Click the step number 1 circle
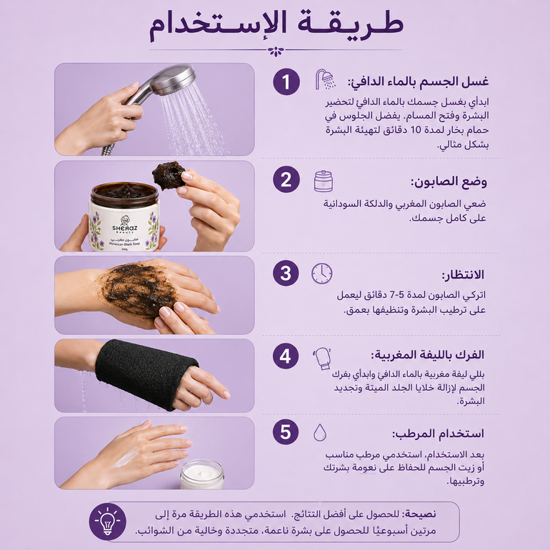pyautogui.click(x=286, y=81)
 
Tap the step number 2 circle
pyautogui.click(x=286, y=179)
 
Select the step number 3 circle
pyautogui.click(x=286, y=273)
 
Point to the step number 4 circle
pyautogui.click(x=286, y=356)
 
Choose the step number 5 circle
pyautogui.click(x=286, y=431)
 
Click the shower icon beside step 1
pyautogui.click(x=325, y=79)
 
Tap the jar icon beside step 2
pyautogui.click(x=324, y=181)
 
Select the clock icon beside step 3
pyautogui.click(x=321, y=274)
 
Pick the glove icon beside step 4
pyautogui.click(x=323, y=359)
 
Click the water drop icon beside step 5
pyautogui.click(x=319, y=432)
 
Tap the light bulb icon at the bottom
pyautogui.click(x=107, y=521)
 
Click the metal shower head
pyautogui.click(x=171, y=81)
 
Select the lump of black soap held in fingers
pyautogui.click(x=169, y=176)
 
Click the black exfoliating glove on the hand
pyautogui.click(x=144, y=373)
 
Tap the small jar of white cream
pyautogui.click(x=202, y=474)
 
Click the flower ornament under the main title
pyautogui.click(x=276, y=51)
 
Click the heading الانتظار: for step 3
pyautogui.click(x=463, y=275)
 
